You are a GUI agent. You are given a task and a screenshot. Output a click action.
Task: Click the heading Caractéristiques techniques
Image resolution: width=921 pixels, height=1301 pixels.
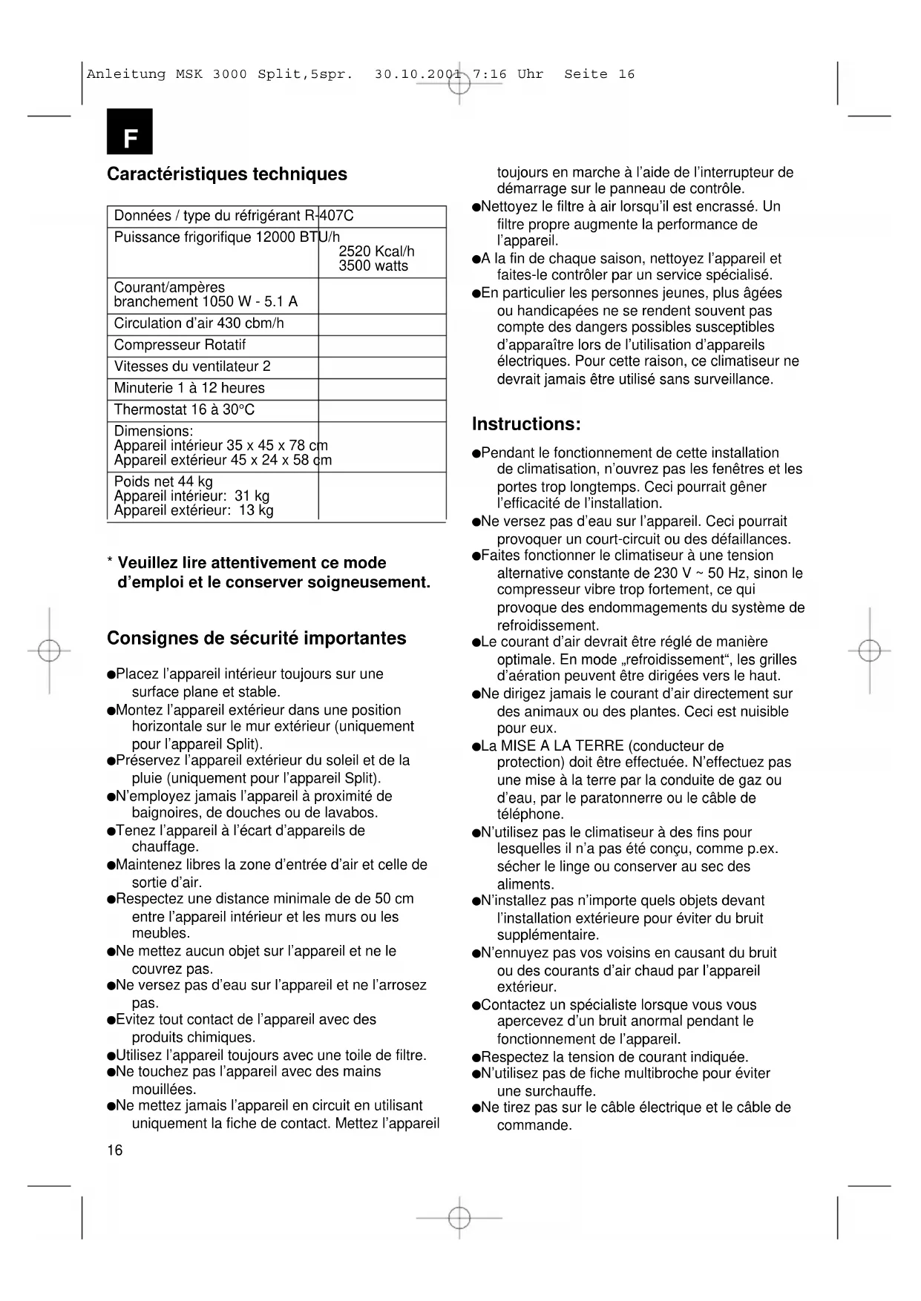click(x=226, y=174)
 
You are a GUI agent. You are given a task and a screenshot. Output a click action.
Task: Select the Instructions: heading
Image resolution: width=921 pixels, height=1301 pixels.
click(x=525, y=424)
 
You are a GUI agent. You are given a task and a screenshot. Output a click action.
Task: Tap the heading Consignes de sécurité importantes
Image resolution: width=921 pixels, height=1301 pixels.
click(x=256, y=639)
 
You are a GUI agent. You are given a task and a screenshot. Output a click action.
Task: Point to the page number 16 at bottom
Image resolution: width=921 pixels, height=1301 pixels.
click(x=115, y=1150)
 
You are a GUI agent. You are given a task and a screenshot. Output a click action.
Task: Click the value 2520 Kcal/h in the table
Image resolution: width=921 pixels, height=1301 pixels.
click(x=376, y=252)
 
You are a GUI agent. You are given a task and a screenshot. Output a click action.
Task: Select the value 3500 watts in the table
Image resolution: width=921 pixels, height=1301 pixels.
click(x=373, y=266)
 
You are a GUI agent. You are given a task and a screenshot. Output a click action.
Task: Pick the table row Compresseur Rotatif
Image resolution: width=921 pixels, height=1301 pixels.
click(x=180, y=345)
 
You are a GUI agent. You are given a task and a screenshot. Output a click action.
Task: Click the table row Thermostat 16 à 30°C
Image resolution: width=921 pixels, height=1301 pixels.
click(x=184, y=409)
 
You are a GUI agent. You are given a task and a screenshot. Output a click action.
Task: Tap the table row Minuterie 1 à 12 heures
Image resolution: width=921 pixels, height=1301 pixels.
click(x=189, y=388)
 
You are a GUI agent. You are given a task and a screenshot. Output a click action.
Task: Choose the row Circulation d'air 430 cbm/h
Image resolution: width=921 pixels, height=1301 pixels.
click(x=199, y=323)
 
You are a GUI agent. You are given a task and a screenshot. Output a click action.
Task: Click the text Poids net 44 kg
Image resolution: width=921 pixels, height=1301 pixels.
click(x=163, y=481)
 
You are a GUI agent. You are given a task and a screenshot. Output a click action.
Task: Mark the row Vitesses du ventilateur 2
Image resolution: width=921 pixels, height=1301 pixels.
click(x=192, y=366)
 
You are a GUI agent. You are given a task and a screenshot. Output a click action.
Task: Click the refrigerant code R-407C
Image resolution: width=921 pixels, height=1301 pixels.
click(x=329, y=216)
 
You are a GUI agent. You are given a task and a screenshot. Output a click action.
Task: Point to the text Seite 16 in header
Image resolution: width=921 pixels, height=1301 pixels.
click(x=599, y=74)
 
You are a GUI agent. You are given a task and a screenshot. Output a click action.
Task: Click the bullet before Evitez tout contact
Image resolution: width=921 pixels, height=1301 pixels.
click(x=111, y=1021)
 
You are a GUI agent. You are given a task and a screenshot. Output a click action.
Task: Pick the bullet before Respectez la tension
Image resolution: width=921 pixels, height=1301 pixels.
click(x=476, y=1058)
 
